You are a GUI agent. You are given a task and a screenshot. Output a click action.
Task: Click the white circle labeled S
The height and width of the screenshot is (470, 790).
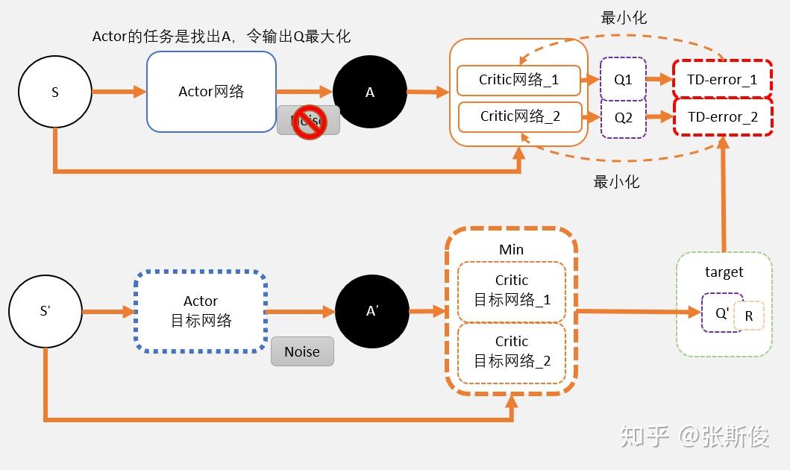[54, 93]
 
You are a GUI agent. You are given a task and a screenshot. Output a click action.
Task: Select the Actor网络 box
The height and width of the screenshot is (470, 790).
[211, 92]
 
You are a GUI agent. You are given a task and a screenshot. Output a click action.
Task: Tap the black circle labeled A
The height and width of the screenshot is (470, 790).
[369, 93]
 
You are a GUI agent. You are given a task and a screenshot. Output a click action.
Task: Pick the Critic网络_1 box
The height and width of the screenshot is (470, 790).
[518, 80]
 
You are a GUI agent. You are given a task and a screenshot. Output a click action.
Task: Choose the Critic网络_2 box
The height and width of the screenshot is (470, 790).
[519, 116]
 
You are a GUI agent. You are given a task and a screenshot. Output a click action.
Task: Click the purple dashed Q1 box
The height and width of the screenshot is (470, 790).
[623, 79]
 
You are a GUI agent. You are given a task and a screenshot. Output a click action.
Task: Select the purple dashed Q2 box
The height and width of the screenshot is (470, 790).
[623, 117]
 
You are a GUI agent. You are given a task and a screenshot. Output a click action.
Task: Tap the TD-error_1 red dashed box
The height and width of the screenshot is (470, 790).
[722, 79]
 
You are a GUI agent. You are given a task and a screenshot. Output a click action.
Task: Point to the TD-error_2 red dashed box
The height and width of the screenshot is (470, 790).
[722, 117]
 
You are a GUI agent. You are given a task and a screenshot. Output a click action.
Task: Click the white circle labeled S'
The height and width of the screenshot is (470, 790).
[45, 311]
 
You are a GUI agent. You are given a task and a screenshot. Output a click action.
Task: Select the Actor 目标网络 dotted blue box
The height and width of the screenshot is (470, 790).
[201, 311]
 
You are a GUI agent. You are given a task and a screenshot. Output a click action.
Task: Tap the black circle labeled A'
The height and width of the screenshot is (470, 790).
[372, 312]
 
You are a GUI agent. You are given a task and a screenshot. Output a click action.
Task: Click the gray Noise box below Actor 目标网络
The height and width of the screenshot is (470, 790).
[301, 351]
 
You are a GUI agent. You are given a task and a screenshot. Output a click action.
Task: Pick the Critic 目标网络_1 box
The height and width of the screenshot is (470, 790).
[512, 291]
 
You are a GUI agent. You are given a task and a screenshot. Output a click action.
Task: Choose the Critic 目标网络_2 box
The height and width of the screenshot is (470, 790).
[512, 352]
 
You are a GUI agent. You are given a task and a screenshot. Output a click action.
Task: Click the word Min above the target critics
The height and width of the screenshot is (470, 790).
[511, 249]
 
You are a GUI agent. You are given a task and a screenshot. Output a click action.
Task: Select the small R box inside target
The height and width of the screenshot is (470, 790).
[749, 316]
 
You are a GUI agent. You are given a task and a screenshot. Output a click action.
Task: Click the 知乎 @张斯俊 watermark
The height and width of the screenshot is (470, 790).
[694, 436]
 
